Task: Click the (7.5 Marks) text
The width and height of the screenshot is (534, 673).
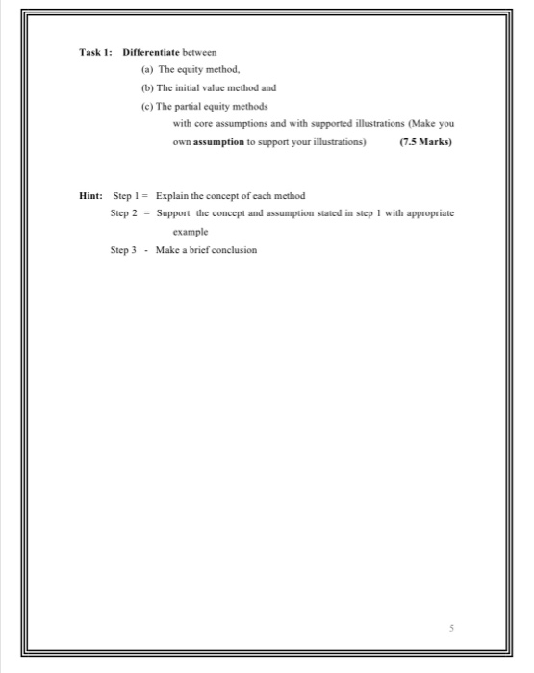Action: (x=424, y=140)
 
